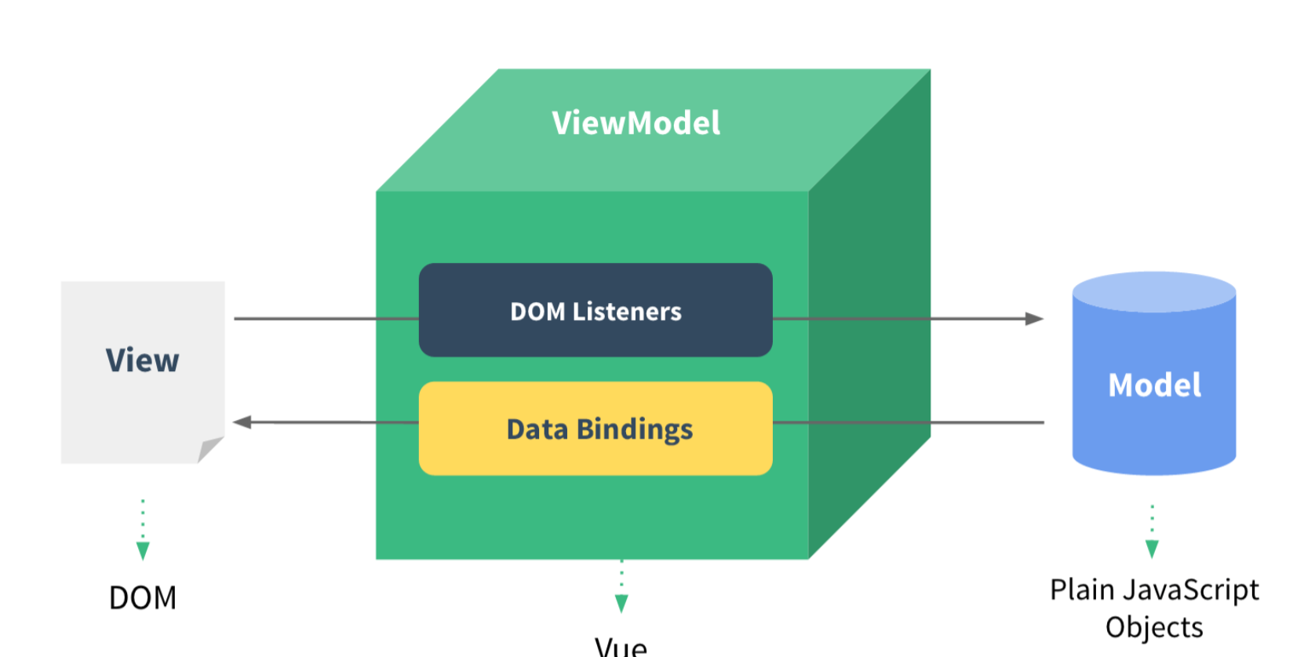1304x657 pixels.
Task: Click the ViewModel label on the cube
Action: pyautogui.click(x=636, y=123)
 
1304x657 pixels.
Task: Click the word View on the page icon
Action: pyautogui.click(x=142, y=361)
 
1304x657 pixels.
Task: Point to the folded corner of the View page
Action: pyautogui.click(x=209, y=450)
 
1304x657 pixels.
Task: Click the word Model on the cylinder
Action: pyautogui.click(x=1154, y=385)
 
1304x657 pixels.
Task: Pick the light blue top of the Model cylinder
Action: pyautogui.click(x=1154, y=291)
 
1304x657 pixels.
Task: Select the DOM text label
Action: pyautogui.click(x=143, y=598)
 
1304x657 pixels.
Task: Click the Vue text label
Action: pyautogui.click(x=621, y=647)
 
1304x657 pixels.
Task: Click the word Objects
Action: pyautogui.click(x=1154, y=628)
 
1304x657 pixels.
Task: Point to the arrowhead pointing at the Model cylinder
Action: pyautogui.click(x=1034, y=319)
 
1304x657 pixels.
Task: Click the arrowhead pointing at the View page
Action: pyautogui.click(x=242, y=422)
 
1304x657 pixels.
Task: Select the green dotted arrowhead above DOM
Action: pyautogui.click(x=143, y=550)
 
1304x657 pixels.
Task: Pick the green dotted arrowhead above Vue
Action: pyautogui.click(x=621, y=603)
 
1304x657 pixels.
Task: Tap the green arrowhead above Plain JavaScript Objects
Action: pyautogui.click(x=1152, y=548)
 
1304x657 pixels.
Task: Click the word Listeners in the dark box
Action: pyautogui.click(x=627, y=312)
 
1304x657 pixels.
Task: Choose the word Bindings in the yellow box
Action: pyautogui.click(x=635, y=430)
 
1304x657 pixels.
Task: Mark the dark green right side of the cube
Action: pyautogui.click(x=869, y=314)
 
